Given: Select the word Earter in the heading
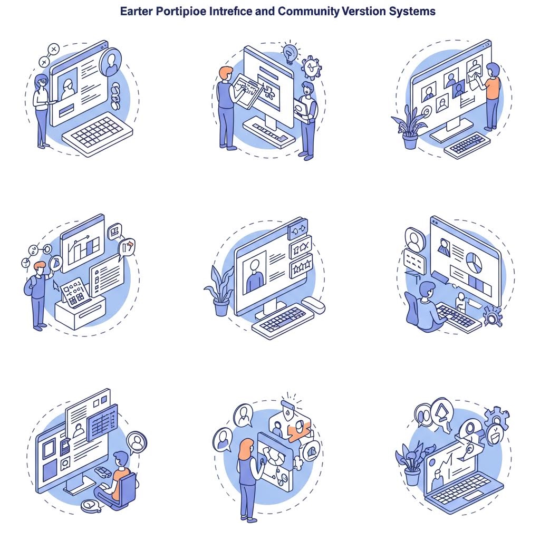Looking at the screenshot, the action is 136,12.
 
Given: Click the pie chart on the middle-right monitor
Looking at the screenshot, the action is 474,262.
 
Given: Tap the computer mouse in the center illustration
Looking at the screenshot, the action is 313,305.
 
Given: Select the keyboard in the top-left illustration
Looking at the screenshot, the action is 98,133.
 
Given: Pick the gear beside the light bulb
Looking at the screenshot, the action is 312,67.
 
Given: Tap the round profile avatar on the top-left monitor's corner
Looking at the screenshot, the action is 111,62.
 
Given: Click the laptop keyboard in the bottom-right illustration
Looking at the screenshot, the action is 460,488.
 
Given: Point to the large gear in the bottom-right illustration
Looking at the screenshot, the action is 496,418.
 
